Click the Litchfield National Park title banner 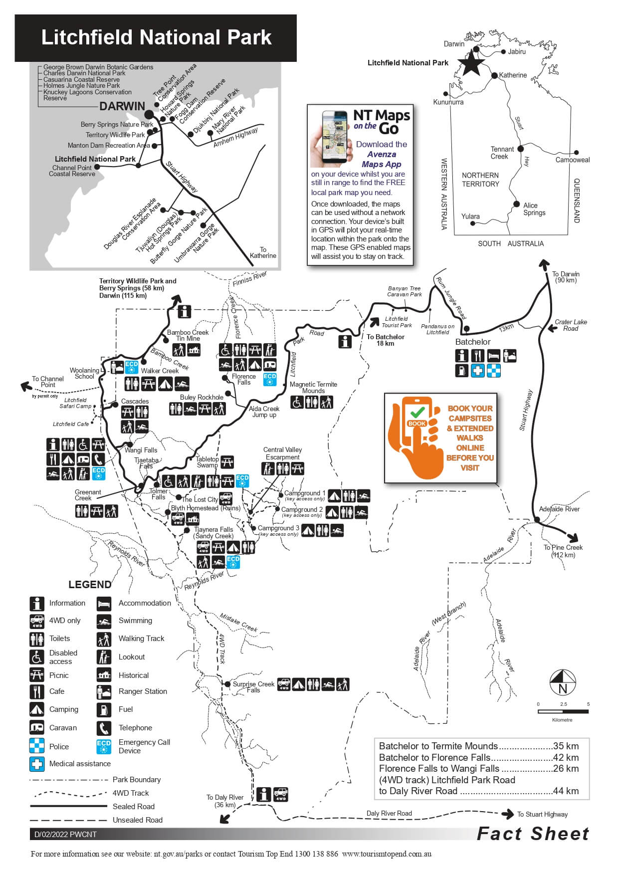tap(156, 38)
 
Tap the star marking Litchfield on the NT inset tap(471, 64)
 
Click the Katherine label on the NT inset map tap(513, 75)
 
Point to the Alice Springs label tap(534, 209)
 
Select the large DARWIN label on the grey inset tap(122, 106)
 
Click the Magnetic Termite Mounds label tap(313, 388)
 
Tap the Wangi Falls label tap(141, 450)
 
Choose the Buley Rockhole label tap(202, 398)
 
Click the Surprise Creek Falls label tap(253, 687)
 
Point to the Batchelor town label tap(473, 342)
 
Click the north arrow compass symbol tap(563, 682)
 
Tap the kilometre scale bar tap(563, 711)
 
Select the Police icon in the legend tap(37, 746)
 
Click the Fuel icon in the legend tap(104, 709)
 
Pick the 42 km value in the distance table tap(566, 757)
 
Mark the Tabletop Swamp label tap(207, 462)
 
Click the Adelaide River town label tap(559, 509)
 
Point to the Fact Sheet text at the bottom tap(533, 834)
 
